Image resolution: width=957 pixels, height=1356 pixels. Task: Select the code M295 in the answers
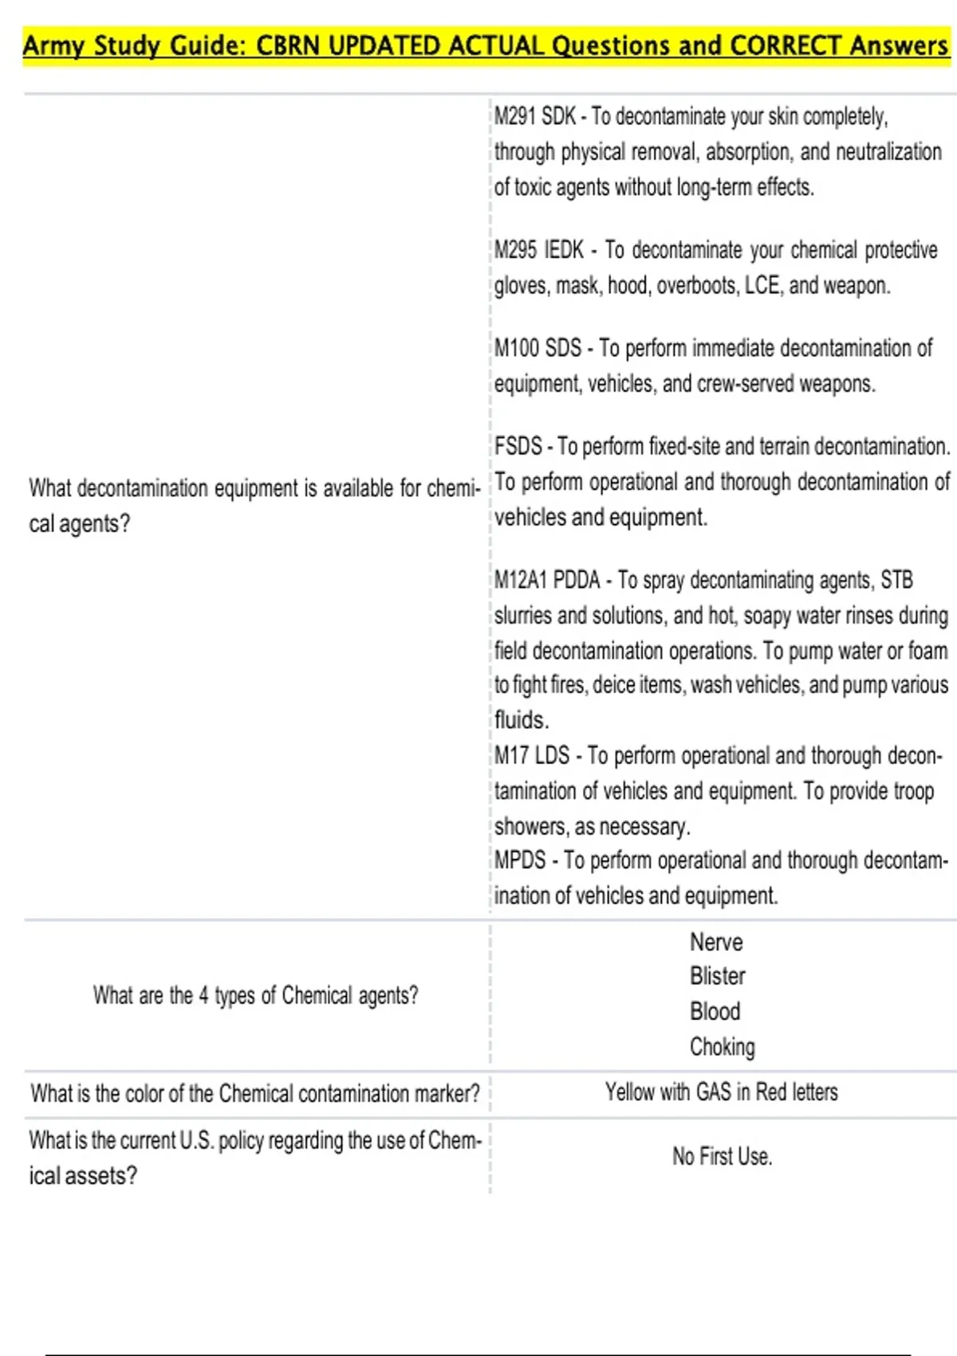(x=515, y=250)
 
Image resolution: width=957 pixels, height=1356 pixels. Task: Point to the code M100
(x=516, y=348)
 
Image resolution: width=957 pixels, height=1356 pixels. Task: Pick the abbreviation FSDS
(x=518, y=446)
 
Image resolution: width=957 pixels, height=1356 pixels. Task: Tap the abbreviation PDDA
(x=577, y=580)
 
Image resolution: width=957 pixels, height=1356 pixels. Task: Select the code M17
(x=510, y=755)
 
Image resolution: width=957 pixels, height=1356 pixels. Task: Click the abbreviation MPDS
(x=520, y=861)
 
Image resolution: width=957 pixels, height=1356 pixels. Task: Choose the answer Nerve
(x=716, y=942)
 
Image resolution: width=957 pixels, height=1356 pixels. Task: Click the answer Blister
(x=718, y=976)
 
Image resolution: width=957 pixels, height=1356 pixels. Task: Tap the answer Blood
(x=715, y=1011)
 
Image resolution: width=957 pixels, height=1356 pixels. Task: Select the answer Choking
(x=723, y=1047)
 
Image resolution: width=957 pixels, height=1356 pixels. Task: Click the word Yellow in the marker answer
(x=628, y=1092)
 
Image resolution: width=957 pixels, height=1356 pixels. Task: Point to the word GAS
(x=714, y=1092)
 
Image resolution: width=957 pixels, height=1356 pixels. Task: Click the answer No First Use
(x=723, y=1157)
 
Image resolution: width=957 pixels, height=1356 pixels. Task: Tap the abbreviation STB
(x=896, y=580)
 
